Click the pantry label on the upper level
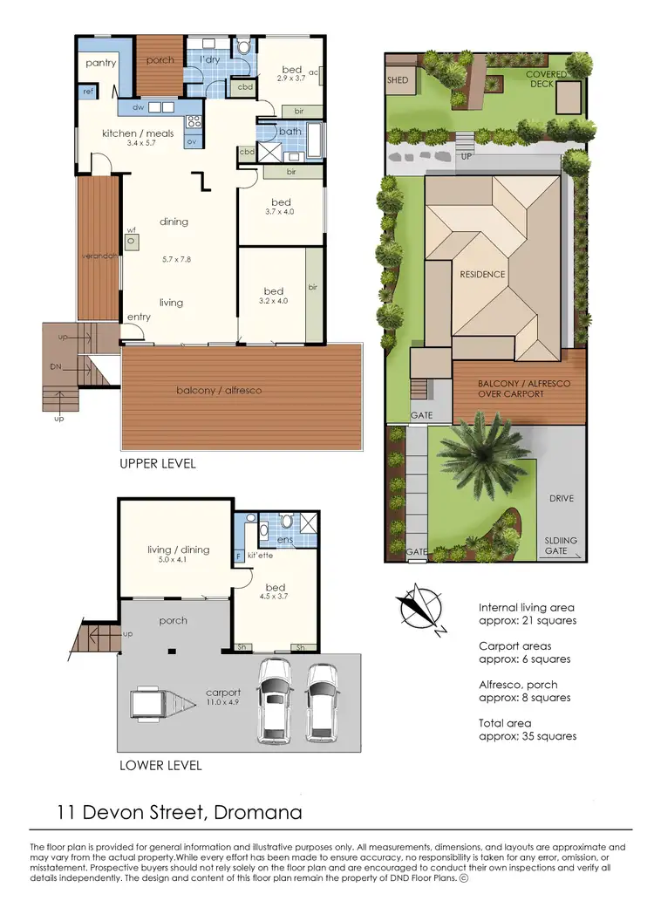tap(101, 63)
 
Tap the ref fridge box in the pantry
tap(88, 91)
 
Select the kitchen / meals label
tap(138, 133)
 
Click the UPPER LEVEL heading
tap(157, 464)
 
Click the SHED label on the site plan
tap(397, 78)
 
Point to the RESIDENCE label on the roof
tap(482, 274)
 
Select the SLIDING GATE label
tap(556, 545)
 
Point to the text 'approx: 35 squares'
tap(527, 736)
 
